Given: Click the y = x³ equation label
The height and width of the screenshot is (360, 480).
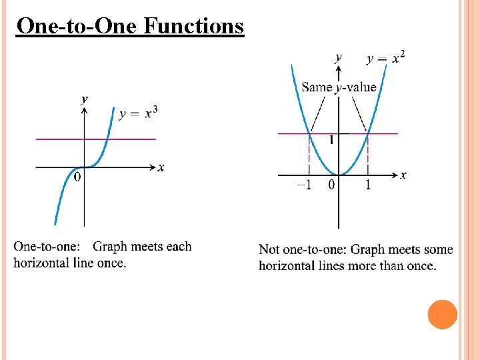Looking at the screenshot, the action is pyautogui.click(x=138, y=113).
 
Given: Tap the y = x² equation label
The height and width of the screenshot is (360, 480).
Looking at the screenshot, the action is pyautogui.click(x=385, y=59).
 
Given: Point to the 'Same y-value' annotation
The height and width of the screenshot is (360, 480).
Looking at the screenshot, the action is pyautogui.click(x=339, y=87).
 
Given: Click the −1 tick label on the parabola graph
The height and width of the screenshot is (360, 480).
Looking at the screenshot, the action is pyautogui.click(x=303, y=185).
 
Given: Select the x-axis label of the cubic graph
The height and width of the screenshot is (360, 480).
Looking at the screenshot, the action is pyautogui.click(x=161, y=167).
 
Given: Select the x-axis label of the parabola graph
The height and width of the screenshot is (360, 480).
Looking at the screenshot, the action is pyautogui.click(x=403, y=175).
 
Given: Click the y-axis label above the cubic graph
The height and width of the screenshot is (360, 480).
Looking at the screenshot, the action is pyautogui.click(x=84, y=99).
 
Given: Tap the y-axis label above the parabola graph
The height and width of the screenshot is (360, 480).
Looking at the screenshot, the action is pyautogui.click(x=339, y=57).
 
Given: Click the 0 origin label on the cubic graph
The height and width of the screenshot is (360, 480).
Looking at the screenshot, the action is pyautogui.click(x=77, y=177).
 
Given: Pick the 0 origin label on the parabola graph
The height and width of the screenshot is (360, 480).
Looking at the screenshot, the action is pyautogui.click(x=331, y=185).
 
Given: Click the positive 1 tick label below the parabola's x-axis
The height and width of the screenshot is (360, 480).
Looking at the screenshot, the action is pyautogui.click(x=368, y=185).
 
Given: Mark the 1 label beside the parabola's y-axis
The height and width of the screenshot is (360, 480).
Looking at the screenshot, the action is pyautogui.click(x=330, y=141).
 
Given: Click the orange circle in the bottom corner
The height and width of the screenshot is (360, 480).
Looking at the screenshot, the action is pyautogui.click(x=442, y=314).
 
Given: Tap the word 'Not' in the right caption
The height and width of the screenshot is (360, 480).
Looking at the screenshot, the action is pyautogui.click(x=269, y=250).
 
